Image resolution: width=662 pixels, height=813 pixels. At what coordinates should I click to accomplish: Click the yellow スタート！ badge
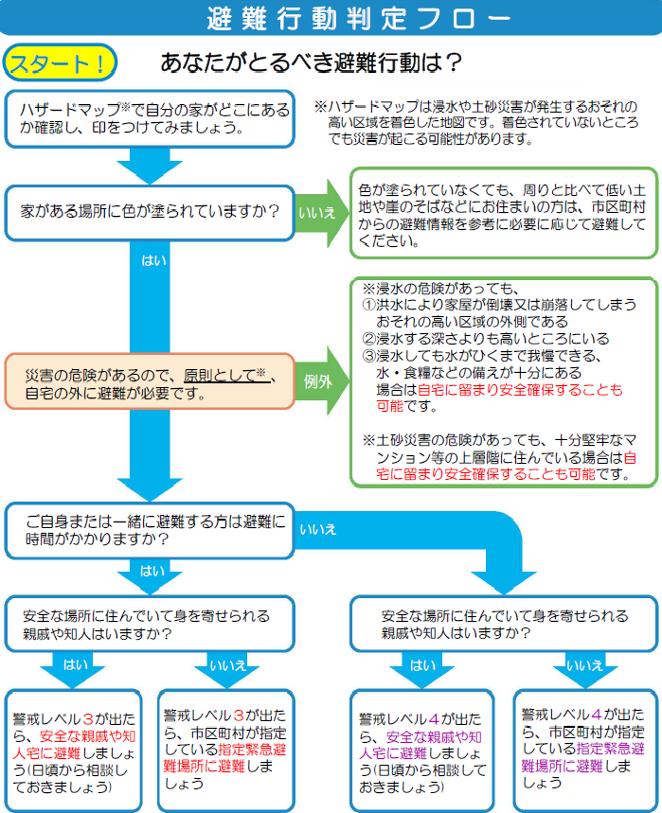(60, 62)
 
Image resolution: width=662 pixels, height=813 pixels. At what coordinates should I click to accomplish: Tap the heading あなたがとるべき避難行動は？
(312, 62)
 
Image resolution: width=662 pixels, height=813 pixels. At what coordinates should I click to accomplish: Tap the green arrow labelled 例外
(317, 381)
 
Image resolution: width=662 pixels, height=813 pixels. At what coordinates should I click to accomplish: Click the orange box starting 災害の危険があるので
(149, 381)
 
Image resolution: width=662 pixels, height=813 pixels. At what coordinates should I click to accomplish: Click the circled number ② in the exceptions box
(369, 339)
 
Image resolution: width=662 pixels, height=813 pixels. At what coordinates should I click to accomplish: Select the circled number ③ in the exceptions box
(369, 356)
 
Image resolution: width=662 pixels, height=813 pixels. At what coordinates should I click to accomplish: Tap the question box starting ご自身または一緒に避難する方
(149, 530)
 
